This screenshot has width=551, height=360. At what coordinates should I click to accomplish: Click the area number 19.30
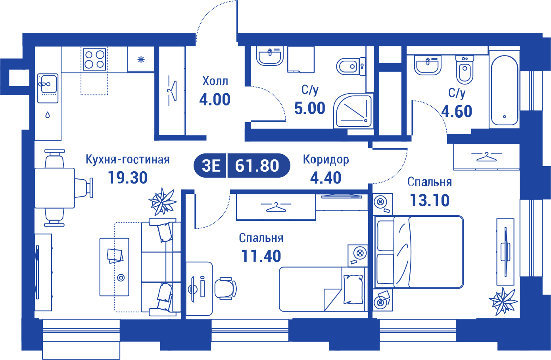click(x=128, y=178)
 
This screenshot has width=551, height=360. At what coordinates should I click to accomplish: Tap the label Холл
click(x=215, y=81)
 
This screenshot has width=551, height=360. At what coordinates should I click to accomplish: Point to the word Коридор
click(x=326, y=160)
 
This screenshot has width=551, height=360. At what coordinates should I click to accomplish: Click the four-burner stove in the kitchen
click(x=94, y=59)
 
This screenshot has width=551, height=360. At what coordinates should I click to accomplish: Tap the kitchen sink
click(x=48, y=88)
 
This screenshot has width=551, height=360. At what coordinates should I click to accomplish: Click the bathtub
click(x=505, y=90)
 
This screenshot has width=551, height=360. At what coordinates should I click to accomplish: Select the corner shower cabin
click(x=353, y=110)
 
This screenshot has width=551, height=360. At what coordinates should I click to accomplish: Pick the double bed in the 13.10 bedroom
click(x=418, y=252)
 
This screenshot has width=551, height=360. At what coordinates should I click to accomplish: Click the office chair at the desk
click(x=225, y=289)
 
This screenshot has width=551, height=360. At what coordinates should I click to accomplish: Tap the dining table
click(x=54, y=188)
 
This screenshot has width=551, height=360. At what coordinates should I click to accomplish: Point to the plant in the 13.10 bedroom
click(x=503, y=302)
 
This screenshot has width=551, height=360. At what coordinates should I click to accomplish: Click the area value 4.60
click(x=457, y=111)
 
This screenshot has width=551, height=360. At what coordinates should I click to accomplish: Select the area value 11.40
click(x=261, y=256)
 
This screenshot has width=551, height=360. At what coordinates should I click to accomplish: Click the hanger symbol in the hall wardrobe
click(x=172, y=91)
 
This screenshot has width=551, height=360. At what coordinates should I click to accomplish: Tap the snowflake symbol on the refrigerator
click(x=141, y=59)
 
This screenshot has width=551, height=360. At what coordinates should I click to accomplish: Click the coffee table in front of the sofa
click(x=114, y=267)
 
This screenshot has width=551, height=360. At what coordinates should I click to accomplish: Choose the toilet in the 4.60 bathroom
click(x=465, y=70)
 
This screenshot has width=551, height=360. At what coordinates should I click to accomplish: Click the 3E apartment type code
click(x=211, y=165)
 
